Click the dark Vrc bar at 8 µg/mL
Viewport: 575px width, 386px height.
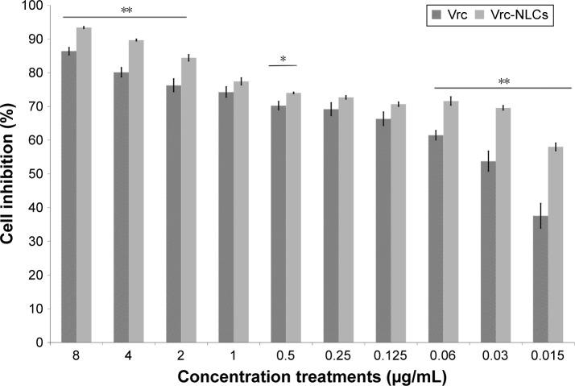[69, 197]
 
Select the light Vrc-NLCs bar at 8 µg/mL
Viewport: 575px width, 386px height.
[84, 185]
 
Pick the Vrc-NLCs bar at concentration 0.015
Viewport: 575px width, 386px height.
[554, 244]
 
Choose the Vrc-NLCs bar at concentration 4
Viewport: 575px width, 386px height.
[136, 191]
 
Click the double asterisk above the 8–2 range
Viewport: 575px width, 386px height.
[126, 10]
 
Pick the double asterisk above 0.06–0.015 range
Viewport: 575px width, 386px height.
[503, 81]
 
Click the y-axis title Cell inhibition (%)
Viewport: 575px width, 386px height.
[10, 173]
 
